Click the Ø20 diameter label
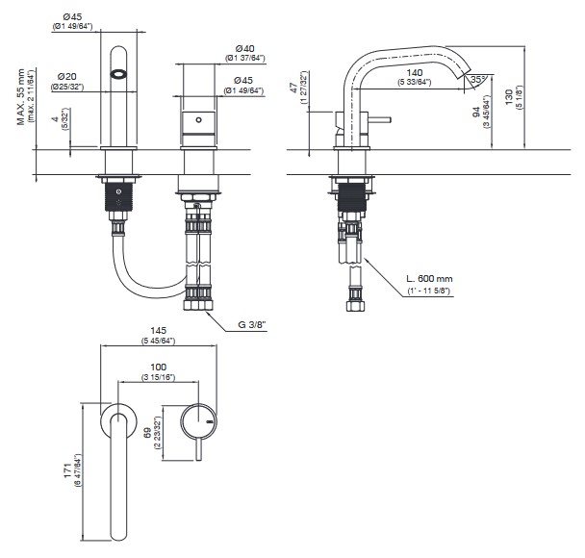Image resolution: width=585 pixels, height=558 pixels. point(67,76)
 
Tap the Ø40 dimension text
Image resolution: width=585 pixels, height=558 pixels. point(244,47)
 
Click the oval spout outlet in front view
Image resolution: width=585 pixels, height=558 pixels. point(119,74)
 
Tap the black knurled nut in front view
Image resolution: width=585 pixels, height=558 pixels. point(119,199)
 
